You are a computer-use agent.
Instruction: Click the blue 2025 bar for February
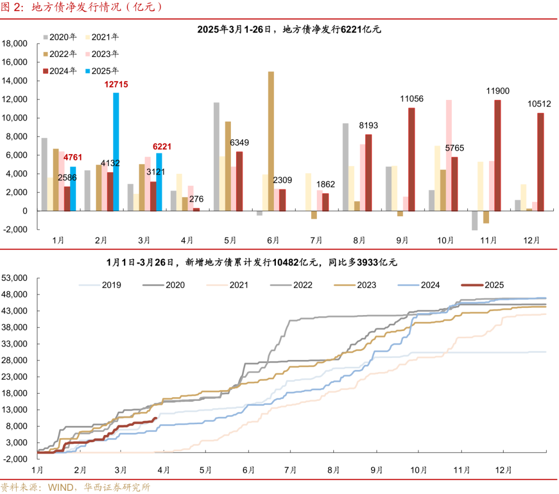pos(116,152)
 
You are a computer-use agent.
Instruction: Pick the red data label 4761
pos(72,157)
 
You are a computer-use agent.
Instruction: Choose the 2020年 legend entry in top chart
pos(63,37)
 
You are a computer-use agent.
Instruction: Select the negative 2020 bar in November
pos(474,220)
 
